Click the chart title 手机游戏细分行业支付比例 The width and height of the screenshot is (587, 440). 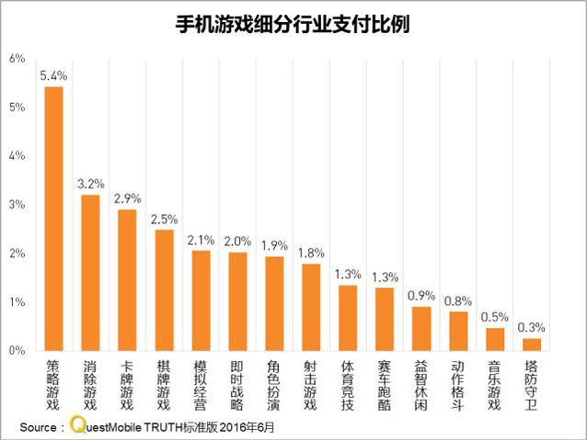(x=293, y=23)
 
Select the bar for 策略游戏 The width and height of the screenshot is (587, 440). (x=54, y=219)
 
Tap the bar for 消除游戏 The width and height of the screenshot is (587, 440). (x=91, y=272)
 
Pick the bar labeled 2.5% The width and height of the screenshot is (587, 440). (x=164, y=289)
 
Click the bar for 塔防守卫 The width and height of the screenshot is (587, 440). (x=532, y=344)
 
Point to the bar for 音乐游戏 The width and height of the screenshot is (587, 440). (x=495, y=339)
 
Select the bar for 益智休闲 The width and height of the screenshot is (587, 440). (x=421, y=329)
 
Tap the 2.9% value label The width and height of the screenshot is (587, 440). (x=127, y=198)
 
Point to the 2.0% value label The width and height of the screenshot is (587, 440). (x=237, y=241)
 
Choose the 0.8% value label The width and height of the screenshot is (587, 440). (x=458, y=300)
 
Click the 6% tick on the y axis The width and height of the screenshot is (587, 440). (x=17, y=58)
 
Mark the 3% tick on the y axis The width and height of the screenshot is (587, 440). (x=17, y=205)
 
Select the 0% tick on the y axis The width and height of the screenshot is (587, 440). (x=17, y=351)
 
